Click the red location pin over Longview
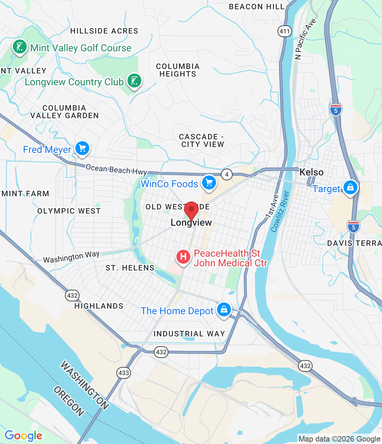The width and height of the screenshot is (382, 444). tap(191, 210)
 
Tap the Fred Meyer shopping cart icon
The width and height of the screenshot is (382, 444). tap(82, 148)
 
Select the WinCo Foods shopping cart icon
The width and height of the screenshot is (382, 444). tap(209, 182)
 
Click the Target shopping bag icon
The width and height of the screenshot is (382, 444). tap(350, 187)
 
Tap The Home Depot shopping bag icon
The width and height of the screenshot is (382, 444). tap(224, 309)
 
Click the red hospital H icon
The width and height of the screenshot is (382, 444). tap(183, 257)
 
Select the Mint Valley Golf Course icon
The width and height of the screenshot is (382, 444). tap(19, 46)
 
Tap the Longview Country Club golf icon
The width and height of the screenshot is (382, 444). tap(134, 80)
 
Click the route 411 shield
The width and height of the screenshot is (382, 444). tap(284, 31)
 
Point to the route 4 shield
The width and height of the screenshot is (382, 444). tap(227, 174)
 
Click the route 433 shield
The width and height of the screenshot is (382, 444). tap(124, 373)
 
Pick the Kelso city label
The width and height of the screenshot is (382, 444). tap(311, 172)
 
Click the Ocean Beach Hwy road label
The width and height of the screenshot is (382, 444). tap(116, 169)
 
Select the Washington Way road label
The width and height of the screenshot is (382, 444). tap(71, 257)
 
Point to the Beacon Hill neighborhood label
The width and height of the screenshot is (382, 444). tap(257, 7)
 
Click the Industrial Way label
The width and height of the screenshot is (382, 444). tap(189, 334)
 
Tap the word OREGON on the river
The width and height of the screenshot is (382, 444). tap(69, 401)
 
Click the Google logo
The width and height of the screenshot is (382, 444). tap(23, 436)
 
